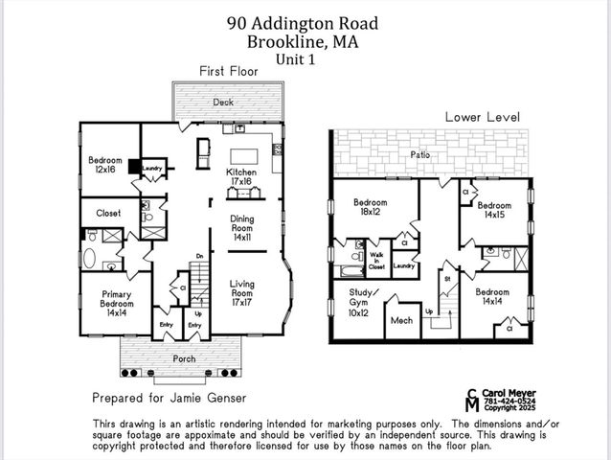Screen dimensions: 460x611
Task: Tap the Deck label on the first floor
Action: tap(222, 102)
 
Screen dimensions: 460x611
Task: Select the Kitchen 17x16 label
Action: tap(239, 176)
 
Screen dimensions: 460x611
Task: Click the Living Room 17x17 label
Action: tap(242, 289)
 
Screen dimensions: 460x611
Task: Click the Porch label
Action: tap(184, 358)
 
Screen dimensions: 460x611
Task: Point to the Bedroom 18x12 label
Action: tap(370, 208)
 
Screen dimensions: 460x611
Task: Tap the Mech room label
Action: tap(400, 321)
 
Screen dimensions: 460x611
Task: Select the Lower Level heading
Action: tap(482, 117)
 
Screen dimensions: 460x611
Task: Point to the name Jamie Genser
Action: tap(212, 397)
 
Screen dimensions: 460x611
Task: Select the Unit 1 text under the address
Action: tap(301, 58)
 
